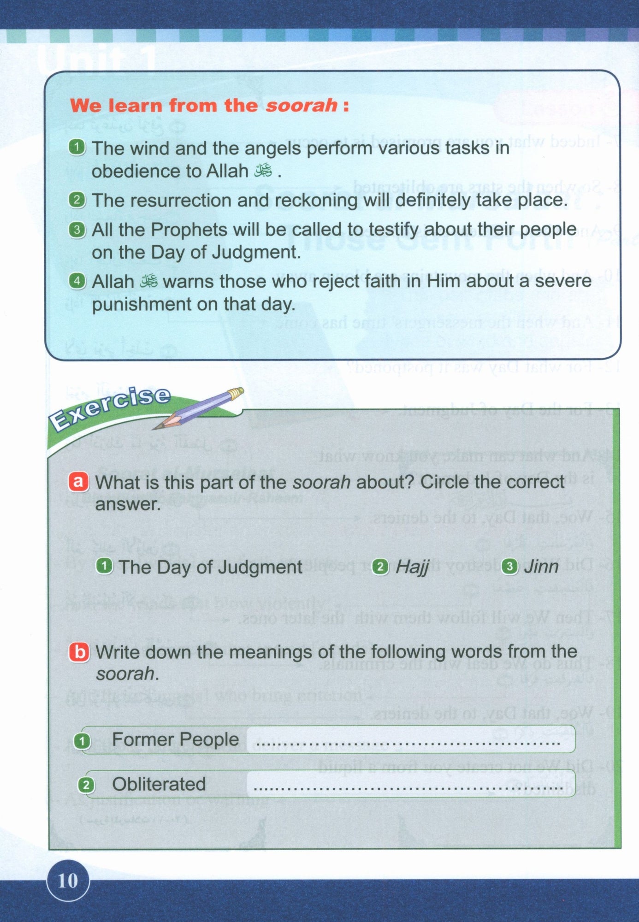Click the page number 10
pos(68,881)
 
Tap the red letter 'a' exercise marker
pos(78,482)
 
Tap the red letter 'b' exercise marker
pos(79,652)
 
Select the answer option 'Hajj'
pos(412,567)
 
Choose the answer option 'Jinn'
pos(541,567)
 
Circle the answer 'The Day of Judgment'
pos(210,567)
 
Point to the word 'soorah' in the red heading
pos(302,106)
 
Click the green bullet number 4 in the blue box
pos(77,281)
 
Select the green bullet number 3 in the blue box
pos(77,230)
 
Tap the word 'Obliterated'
pos(159,784)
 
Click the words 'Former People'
pos(175,739)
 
